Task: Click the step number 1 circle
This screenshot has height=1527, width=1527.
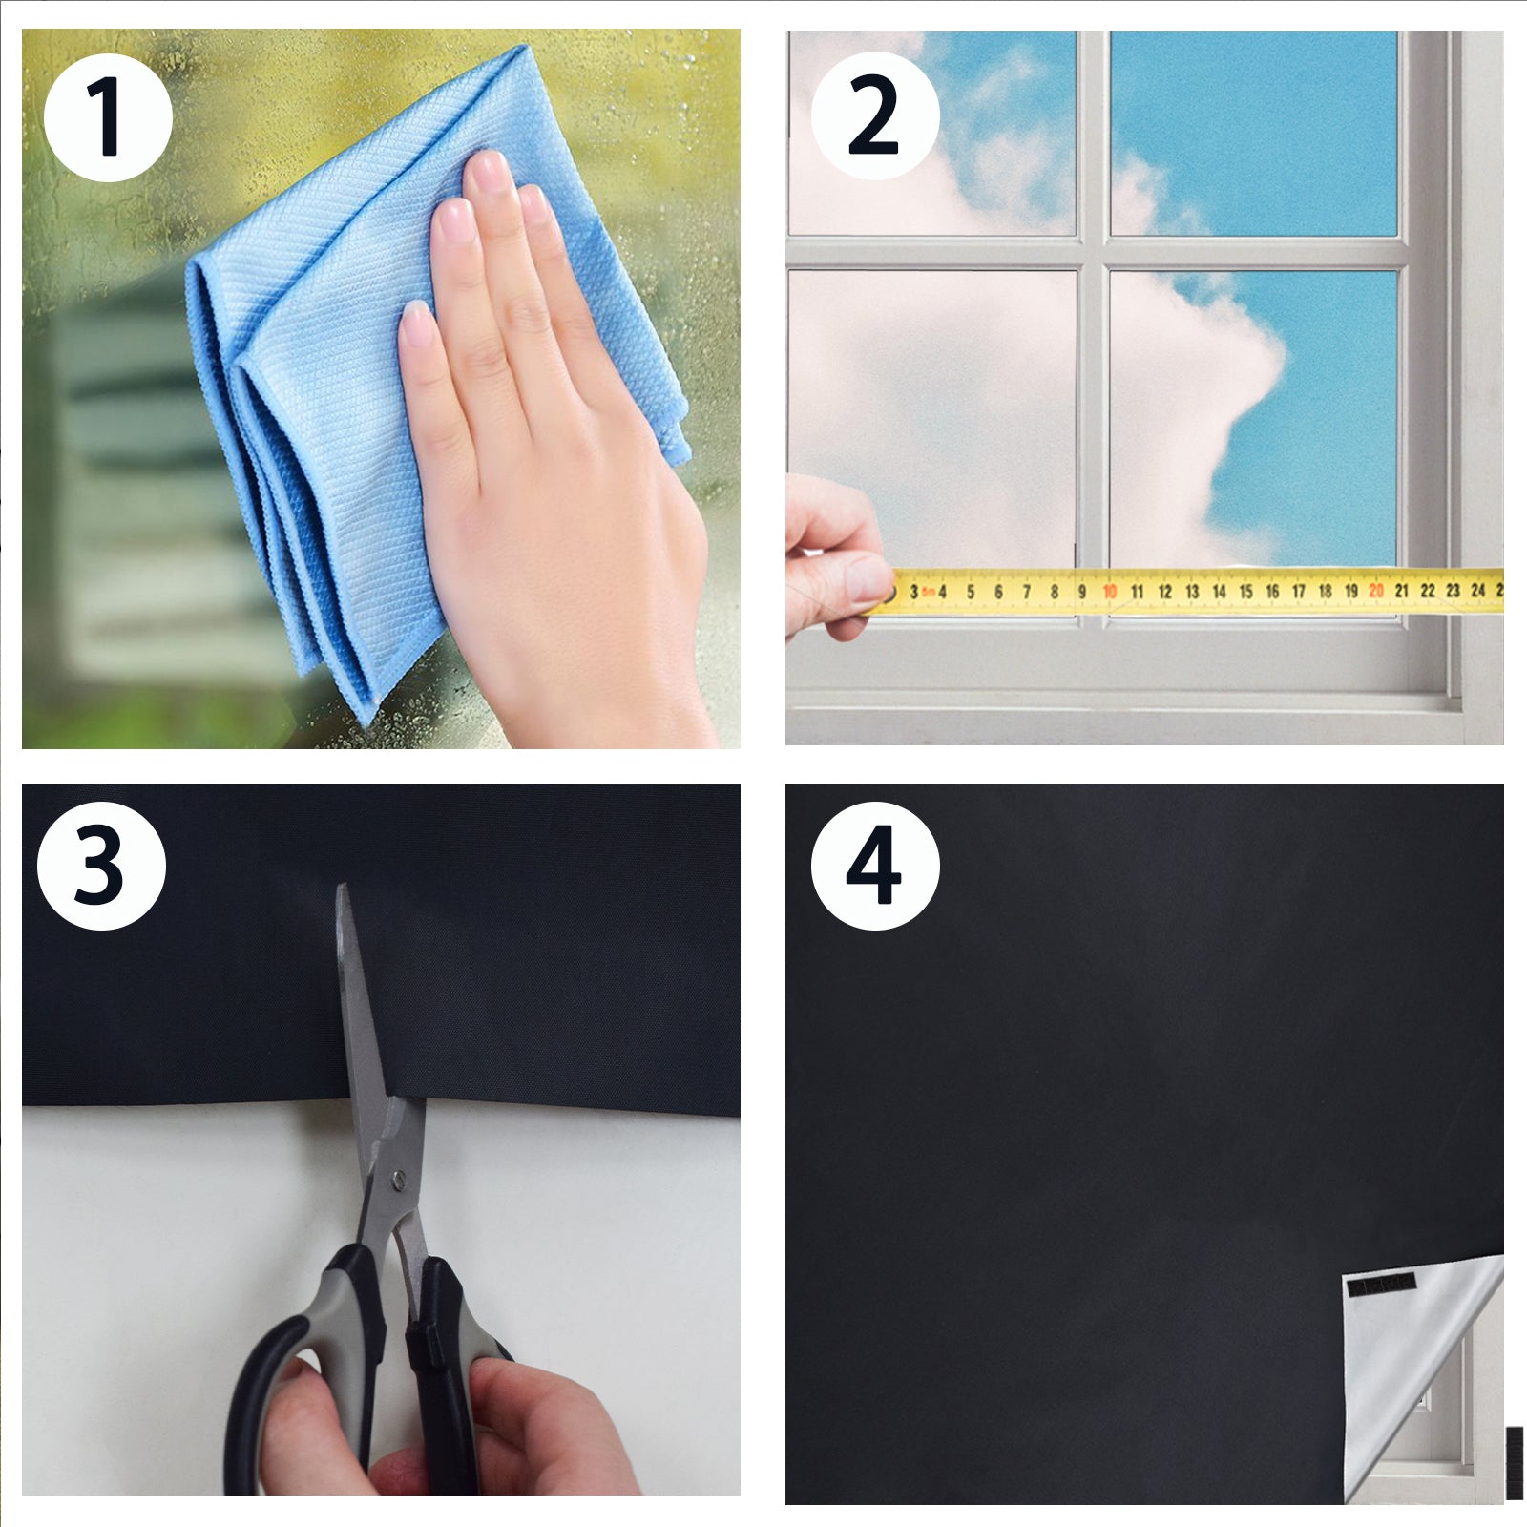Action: click(108, 117)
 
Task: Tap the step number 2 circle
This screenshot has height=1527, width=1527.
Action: click(875, 115)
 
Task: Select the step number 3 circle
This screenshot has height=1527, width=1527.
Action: click(101, 867)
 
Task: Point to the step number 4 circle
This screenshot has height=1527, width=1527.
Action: click(875, 867)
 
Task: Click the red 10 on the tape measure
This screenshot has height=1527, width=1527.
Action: click(1109, 592)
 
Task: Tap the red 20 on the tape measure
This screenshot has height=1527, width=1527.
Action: click(1375, 591)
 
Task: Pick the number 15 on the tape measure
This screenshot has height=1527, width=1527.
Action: click(1245, 592)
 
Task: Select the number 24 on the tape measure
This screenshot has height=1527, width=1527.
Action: click(1477, 590)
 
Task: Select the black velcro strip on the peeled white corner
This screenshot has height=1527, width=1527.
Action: click(1380, 1284)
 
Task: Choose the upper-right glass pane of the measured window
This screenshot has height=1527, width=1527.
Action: click(1253, 134)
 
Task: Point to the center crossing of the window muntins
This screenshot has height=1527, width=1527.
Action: click(1093, 253)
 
